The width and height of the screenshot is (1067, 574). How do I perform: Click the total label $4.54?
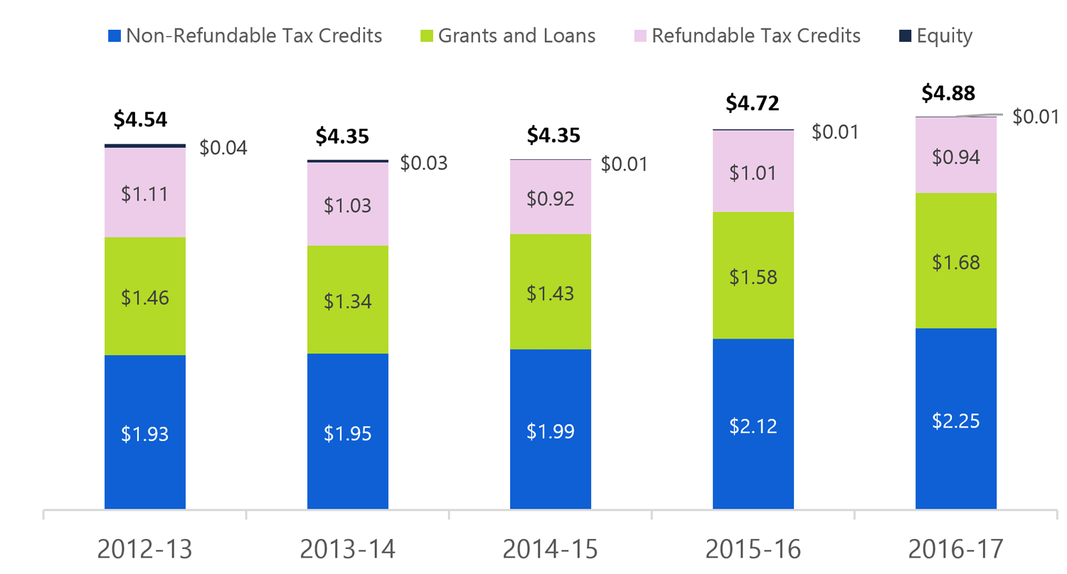(x=140, y=119)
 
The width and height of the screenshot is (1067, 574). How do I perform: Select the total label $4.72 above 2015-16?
(x=753, y=103)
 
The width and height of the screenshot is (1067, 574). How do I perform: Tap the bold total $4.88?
(x=948, y=93)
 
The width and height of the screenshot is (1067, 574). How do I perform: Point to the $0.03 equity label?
(x=424, y=163)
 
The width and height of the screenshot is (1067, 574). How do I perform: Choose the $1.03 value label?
(x=348, y=206)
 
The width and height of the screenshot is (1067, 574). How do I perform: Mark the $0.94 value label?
(x=956, y=156)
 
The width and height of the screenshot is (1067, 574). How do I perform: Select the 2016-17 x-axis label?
(x=955, y=549)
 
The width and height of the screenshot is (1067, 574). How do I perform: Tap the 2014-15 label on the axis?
(x=550, y=549)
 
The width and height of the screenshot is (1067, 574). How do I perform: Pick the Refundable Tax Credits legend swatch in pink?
(x=640, y=36)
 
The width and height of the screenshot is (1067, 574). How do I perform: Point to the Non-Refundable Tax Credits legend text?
(x=254, y=36)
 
